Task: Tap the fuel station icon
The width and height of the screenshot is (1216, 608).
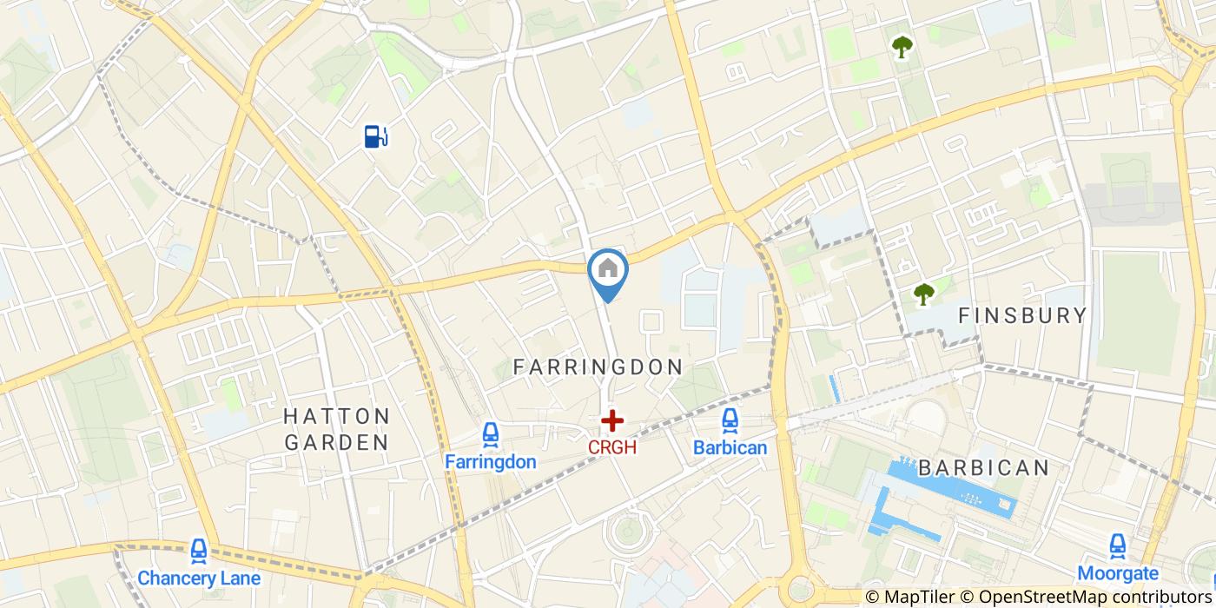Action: [375, 136]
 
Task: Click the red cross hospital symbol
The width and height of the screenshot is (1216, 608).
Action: [612, 421]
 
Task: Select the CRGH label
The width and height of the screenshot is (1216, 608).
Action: [612, 447]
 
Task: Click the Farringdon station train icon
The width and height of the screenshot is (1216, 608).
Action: [491, 435]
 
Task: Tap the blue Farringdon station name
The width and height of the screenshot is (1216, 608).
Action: [491, 462]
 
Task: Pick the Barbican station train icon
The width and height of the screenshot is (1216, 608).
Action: [730, 421]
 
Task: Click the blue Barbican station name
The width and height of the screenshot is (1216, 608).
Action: [730, 448]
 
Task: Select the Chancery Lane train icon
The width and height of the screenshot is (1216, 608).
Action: [199, 552]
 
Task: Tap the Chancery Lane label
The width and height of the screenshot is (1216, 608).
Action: [199, 578]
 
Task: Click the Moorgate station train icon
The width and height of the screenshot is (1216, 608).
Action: [1117, 546]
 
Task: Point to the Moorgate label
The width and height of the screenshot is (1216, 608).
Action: [1117, 573]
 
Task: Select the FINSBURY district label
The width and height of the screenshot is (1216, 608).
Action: [1022, 315]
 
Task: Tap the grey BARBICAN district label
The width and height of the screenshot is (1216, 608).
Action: [983, 468]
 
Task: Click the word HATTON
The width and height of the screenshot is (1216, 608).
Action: [337, 417]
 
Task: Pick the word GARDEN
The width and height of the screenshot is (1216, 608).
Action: [337, 442]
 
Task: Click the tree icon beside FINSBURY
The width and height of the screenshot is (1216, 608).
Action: [923, 294]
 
